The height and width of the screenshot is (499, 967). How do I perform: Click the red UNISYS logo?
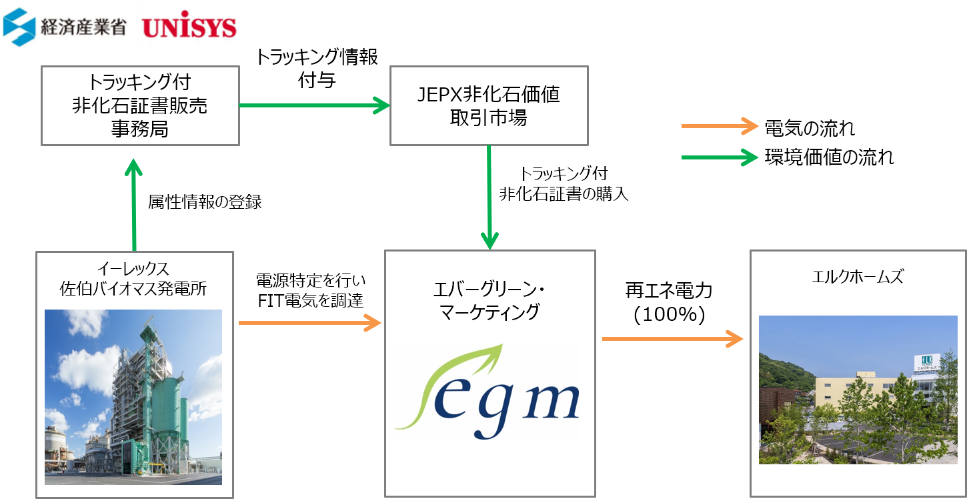click(189, 25)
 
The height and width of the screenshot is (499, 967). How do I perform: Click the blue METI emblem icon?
click(19, 27)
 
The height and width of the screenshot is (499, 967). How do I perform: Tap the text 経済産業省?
click(83, 27)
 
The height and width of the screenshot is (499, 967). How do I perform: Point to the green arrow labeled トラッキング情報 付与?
click(315, 105)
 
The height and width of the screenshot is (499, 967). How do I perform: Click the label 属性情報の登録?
click(205, 201)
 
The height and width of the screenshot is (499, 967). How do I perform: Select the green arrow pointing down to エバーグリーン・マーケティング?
click(489, 197)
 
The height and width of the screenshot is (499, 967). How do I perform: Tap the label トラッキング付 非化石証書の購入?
click(564, 183)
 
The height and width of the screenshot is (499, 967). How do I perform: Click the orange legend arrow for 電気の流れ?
click(720, 126)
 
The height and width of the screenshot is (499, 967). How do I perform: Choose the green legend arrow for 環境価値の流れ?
click(720, 157)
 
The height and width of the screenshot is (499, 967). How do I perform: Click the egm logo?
click(487, 392)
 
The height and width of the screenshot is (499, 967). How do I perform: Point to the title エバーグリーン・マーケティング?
click(490, 301)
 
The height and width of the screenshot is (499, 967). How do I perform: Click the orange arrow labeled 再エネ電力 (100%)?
click(673, 339)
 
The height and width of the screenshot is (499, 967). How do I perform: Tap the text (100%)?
click(669, 314)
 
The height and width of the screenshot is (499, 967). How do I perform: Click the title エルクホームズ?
click(858, 276)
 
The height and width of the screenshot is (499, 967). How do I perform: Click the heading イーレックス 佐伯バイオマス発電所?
click(133, 278)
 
